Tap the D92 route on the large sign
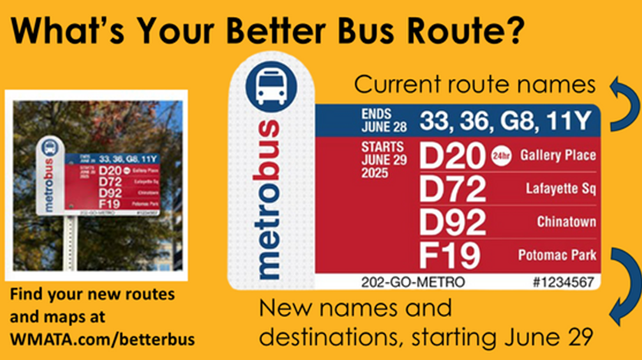[453, 221]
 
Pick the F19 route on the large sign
[451, 254]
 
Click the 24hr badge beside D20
[501, 156]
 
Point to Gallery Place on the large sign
[558, 156]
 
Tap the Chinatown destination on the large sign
[567, 222]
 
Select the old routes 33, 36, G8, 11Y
[506, 120]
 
